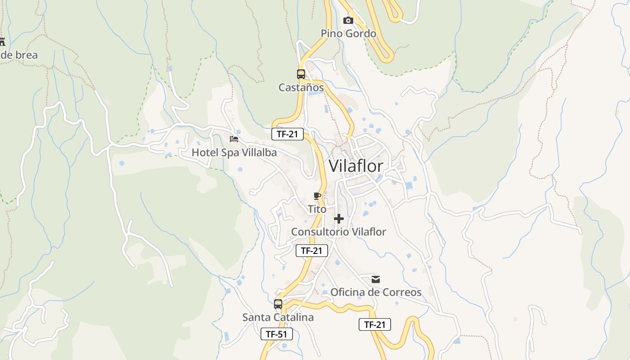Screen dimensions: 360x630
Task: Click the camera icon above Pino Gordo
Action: point(348,20)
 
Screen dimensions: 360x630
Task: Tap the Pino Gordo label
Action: point(348,33)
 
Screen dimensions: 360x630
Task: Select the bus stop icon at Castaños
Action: point(301,74)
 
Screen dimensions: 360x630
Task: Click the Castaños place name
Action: point(301,87)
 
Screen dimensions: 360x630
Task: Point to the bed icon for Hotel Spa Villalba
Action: point(234,139)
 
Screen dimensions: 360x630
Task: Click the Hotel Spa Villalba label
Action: point(234,153)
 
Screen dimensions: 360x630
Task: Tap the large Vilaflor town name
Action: point(356,166)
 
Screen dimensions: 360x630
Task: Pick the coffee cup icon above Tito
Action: point(317,196)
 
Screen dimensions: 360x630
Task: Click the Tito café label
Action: point(317,209)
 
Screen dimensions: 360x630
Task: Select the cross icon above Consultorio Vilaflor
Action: point(339,219)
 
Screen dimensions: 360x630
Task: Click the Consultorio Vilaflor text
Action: point(338,232)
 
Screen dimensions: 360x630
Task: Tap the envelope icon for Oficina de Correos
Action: point(376,279)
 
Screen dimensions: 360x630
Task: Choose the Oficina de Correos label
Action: point(376,292)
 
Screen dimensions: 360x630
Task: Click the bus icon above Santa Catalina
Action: point(278,304)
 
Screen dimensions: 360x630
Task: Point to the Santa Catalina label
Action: point(278,317)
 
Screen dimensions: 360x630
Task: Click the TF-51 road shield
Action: point(277,334)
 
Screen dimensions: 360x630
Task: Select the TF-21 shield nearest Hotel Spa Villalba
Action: point(288,134)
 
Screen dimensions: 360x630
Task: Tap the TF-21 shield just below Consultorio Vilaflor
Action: point(312,251)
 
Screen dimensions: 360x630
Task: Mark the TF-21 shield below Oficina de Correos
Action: point(375,324)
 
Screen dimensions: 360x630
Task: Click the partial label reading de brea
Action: point(19,55)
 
